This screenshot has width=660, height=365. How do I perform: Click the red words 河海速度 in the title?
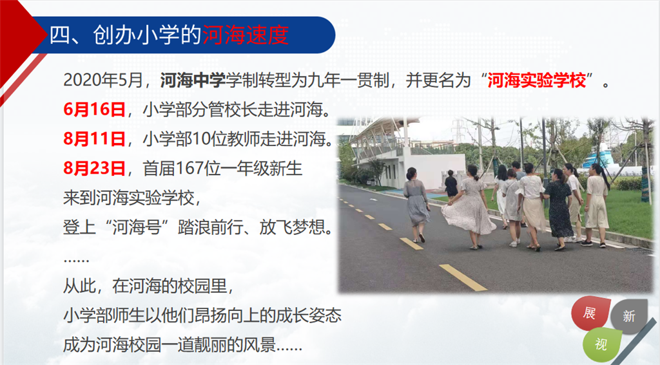point(246,35)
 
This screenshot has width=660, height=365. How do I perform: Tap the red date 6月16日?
point(95,109)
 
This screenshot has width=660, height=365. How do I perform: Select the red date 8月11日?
point(95,139)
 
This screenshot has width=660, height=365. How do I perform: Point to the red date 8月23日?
point(95,168)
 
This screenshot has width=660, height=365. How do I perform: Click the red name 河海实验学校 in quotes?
point(537,80)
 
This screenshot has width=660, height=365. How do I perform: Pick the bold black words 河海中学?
point(193,80)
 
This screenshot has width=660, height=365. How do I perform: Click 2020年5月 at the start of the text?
point(103,80)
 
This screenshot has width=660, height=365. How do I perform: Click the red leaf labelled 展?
point(590,314)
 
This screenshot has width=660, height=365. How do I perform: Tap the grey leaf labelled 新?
point(629,316)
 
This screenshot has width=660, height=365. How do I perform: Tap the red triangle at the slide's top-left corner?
point(17,38)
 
